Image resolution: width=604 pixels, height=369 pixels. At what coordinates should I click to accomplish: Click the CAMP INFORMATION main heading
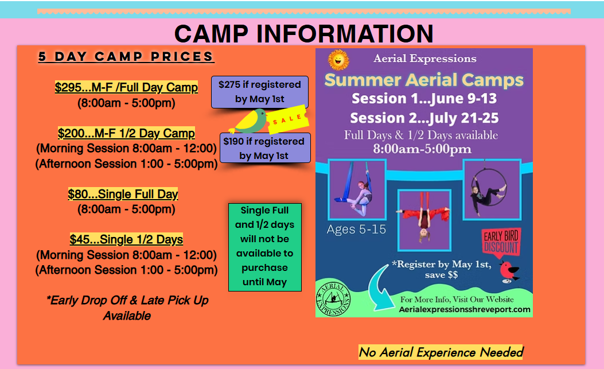[x=304, y=33]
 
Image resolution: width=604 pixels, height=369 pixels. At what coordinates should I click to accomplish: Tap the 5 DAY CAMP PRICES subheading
[x=126, y=57]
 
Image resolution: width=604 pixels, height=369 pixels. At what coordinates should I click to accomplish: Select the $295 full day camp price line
[x=126, y=87]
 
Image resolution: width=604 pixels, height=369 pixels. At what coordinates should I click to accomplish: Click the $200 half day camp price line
[x=126, y=133]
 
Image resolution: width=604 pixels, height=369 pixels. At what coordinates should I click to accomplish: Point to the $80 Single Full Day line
[x=123, y=194]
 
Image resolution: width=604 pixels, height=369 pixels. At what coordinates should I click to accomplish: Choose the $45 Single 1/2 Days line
[x=126, y=239]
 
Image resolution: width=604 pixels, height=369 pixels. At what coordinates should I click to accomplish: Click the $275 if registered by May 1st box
[x=260, y=92]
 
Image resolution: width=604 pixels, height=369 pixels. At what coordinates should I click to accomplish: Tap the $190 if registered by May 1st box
[x=265, y=148]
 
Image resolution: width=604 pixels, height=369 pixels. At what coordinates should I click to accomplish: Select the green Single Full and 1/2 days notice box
[x=264, y=247]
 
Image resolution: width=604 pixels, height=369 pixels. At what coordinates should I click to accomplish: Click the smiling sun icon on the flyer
[x=338, y=60]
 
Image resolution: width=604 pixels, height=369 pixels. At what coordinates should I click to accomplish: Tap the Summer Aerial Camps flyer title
[x=424, y=80]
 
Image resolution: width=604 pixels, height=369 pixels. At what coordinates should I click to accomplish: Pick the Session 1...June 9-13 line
[x=424, y=99]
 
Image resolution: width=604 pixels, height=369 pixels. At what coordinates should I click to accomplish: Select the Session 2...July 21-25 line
[x=424, y=118]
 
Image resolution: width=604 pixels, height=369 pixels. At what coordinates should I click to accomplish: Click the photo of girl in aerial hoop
[x=492, y=190]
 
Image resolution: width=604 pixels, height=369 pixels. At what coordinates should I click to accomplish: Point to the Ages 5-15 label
[x=356, y=230]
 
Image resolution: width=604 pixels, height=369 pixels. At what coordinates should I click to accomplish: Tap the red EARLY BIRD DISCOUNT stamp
[x=501, y=242]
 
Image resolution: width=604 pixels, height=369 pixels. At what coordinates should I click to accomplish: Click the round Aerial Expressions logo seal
[x=333, y=298]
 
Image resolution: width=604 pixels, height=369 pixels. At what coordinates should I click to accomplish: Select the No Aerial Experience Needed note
[x=441, y=352]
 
